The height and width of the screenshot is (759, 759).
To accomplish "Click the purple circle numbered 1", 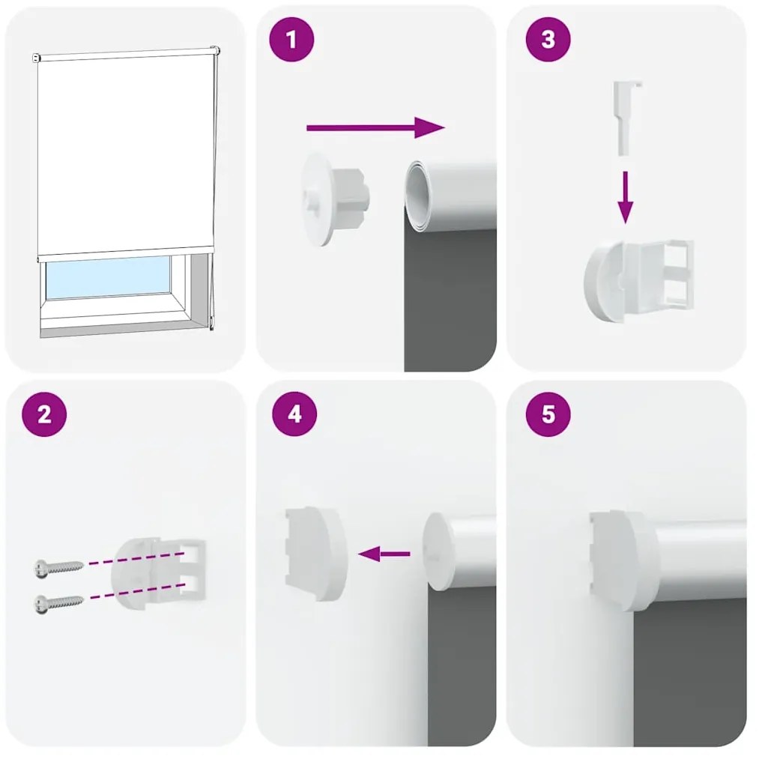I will (x=291, y=40).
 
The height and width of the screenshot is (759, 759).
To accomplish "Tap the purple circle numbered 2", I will (x=44, y=414).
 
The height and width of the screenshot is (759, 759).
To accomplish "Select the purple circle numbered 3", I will (x=548, y=40).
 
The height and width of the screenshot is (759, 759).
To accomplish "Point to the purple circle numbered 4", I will (x=294, y=414).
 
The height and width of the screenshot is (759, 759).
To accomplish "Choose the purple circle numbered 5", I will (x=548, y=414).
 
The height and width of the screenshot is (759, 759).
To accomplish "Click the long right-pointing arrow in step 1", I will (x=375, y=128).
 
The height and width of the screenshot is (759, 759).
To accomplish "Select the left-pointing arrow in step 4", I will (x=384, y=554).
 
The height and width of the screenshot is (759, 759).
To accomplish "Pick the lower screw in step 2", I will (x=58, y=602).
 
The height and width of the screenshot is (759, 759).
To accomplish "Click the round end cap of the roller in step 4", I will (x=439, y=551).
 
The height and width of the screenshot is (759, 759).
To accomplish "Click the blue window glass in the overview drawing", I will (x=108, y=277).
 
